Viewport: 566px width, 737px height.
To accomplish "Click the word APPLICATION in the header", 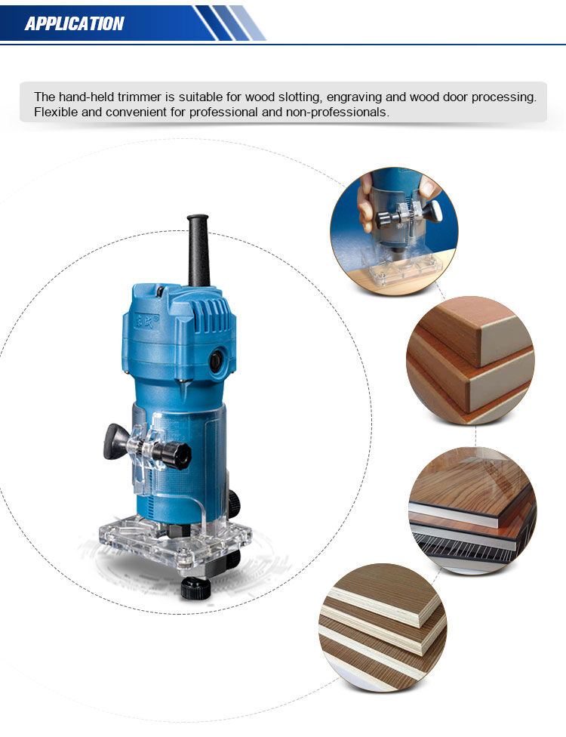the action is click(74, 23).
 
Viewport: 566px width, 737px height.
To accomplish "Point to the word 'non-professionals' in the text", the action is click(337, 113).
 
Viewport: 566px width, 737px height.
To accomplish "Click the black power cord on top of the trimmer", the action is click(198, 251).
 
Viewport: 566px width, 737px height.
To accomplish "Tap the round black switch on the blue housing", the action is click(217, 361).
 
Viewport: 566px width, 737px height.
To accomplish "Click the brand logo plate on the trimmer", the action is click(146, 322).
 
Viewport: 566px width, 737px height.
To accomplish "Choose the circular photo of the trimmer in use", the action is click(394, 232).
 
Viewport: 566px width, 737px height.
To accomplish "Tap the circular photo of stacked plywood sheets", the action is click(383, 628).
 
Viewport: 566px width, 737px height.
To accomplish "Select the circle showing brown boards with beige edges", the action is click(470, 360).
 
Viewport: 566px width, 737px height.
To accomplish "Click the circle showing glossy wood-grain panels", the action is click(472, 510).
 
